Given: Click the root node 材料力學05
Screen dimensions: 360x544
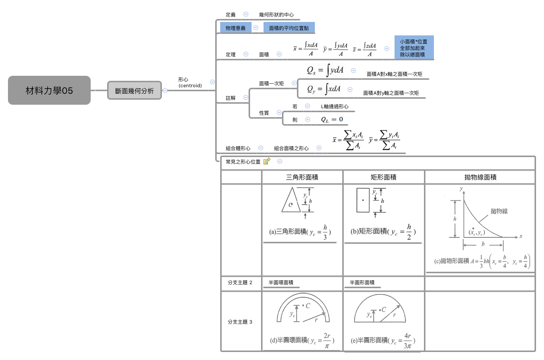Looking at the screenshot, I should point(49,90).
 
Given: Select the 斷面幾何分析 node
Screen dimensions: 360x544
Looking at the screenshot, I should point(135,90).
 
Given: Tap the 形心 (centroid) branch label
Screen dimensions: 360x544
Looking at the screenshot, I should point(190,82).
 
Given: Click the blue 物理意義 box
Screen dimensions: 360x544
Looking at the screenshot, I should point(236,28).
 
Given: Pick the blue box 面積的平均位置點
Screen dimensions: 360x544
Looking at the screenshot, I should point(289,28).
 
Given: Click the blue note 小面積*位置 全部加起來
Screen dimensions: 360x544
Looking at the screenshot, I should point(413,47).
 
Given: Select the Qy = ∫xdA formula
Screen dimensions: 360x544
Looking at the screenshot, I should point(324,89).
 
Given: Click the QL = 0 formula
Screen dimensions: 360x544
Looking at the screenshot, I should point(332,119).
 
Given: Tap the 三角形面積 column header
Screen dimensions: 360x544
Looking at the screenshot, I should point(302,177).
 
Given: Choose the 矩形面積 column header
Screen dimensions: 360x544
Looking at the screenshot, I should point(384,177).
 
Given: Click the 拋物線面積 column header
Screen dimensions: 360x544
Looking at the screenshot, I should point(480,177).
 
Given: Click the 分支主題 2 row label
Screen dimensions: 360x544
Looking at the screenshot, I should point(240,283).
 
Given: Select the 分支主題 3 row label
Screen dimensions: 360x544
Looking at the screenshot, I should point(240,322).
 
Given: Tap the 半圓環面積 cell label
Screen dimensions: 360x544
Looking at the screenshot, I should point(281,283).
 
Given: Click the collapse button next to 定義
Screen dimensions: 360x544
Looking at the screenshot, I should point(246,15).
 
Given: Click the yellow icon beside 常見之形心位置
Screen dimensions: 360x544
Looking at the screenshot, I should point(267,161).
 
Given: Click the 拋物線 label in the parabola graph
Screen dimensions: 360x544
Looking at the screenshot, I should point(499,211).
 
